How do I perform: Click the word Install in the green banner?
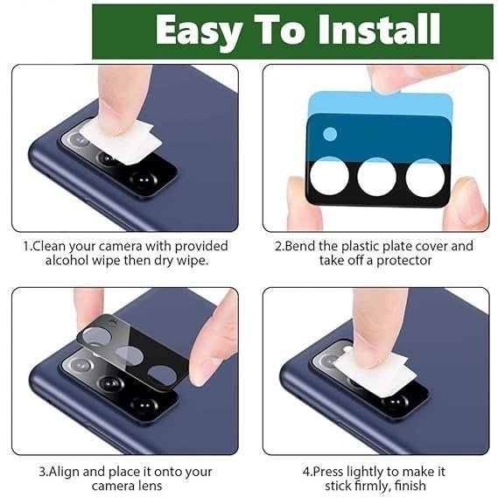click(x=380, y=29)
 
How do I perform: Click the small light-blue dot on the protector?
click(x=330, y=134)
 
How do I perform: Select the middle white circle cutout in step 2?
click(x=377, y=177)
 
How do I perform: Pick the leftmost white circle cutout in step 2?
click(x=329, y=176)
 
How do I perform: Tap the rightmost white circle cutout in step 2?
click(x=425, y=178)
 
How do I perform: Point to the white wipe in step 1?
click(x=121, y=140)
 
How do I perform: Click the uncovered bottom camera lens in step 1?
click(x=144, y=179)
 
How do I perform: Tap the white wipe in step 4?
click(x=375, y=375)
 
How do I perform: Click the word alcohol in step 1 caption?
click(x=67, y=261)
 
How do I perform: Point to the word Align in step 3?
click(x=64, y=472)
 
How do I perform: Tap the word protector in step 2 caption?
click(x=403, y=261)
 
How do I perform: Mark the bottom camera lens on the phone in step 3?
click(x=144, y=405)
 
